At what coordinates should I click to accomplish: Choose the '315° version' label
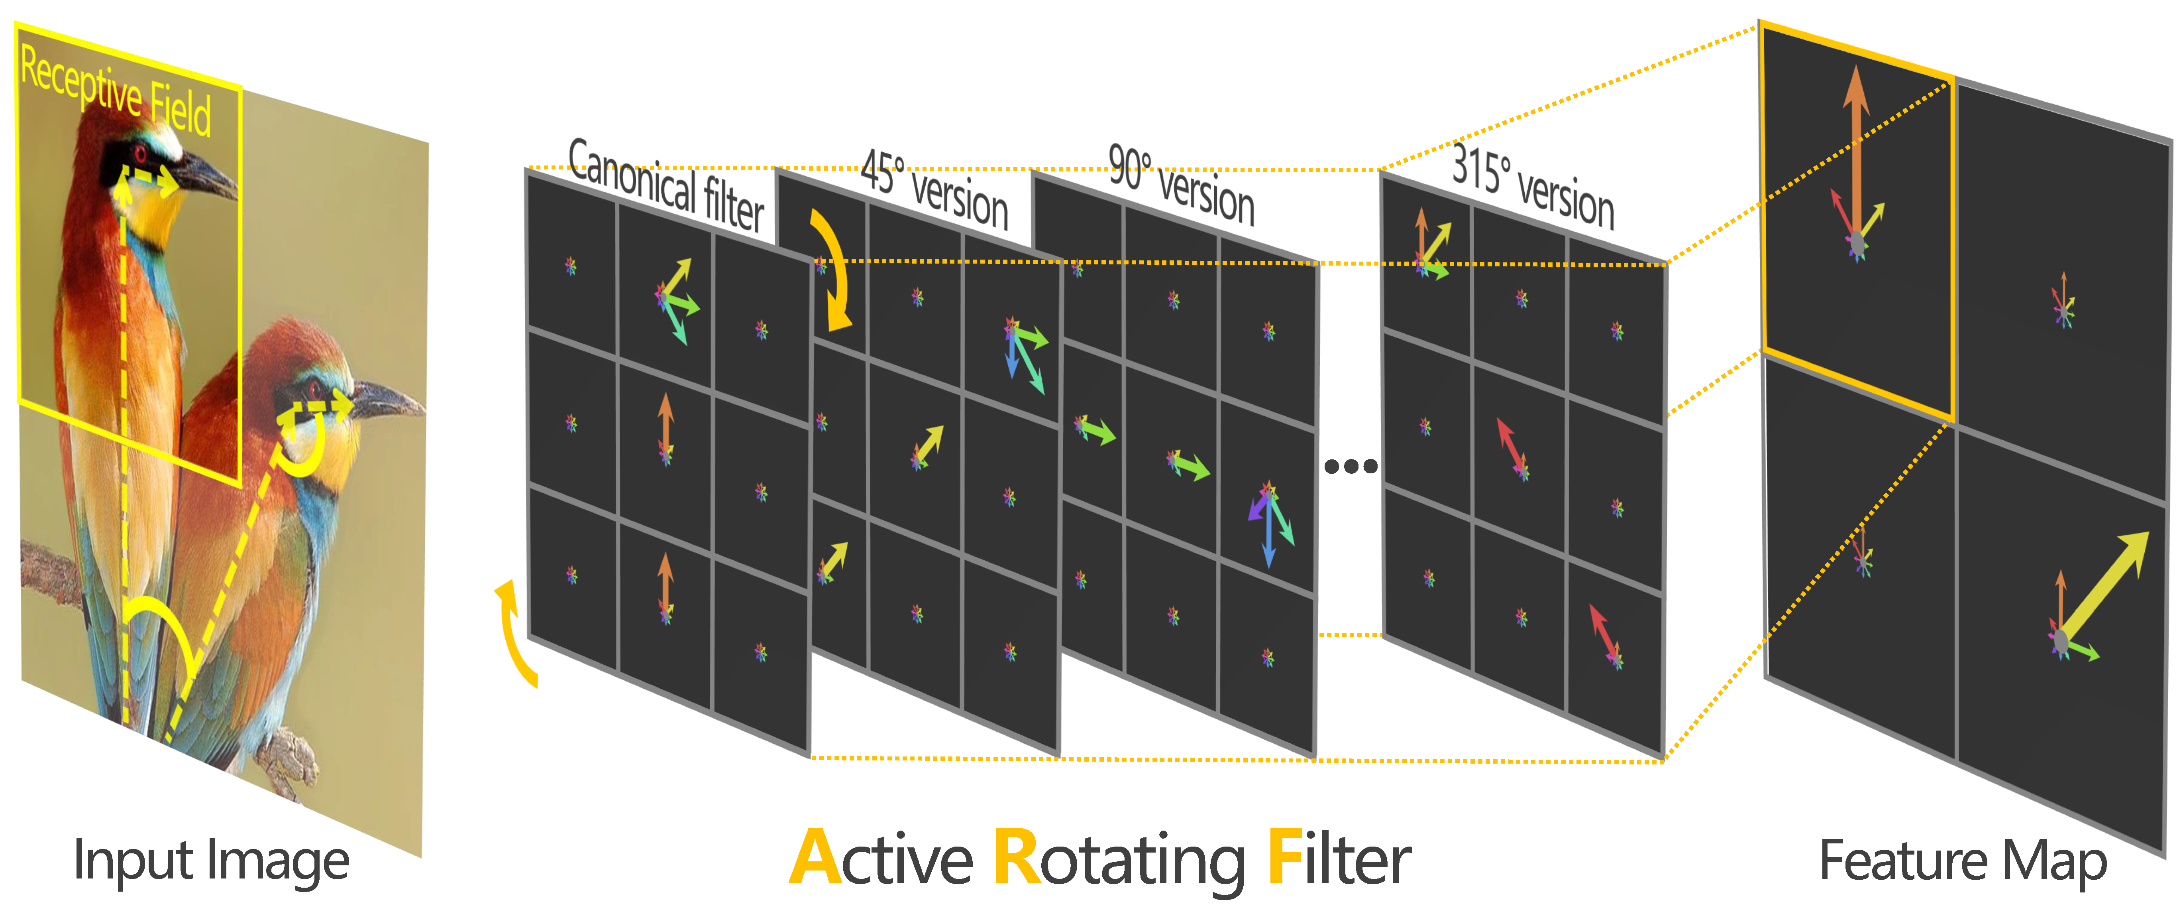1533,187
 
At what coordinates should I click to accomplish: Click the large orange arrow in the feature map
1856,152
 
